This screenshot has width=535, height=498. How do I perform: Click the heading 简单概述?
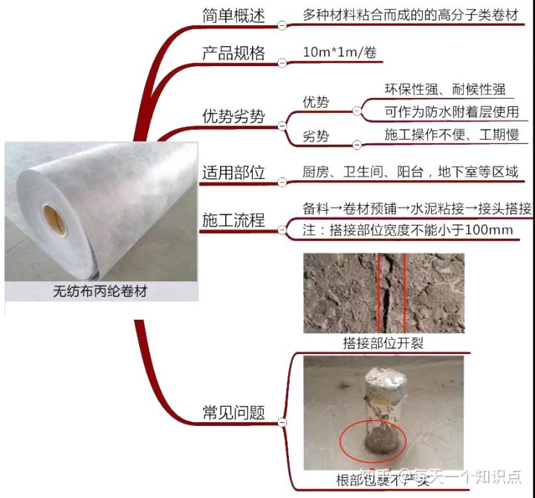233,16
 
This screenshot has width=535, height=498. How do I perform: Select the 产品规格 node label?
233,53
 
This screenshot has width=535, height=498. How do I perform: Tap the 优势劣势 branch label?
233,116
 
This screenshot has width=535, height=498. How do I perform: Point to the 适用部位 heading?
233,173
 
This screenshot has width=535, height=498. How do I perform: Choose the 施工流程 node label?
233,220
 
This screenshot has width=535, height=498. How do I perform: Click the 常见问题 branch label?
233,413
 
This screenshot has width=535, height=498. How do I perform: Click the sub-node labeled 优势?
316,102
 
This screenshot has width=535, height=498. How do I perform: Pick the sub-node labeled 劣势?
316,137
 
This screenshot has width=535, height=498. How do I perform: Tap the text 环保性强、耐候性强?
445,90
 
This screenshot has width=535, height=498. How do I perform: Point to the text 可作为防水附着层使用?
451,112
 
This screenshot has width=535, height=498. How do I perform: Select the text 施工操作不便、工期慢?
445,136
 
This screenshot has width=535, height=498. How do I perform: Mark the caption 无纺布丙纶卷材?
100,292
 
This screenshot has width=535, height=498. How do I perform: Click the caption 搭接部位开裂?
383,343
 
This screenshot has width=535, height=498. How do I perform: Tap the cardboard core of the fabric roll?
53,220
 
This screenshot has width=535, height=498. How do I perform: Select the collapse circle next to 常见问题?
281,422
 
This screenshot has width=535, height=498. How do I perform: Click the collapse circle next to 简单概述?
281,25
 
